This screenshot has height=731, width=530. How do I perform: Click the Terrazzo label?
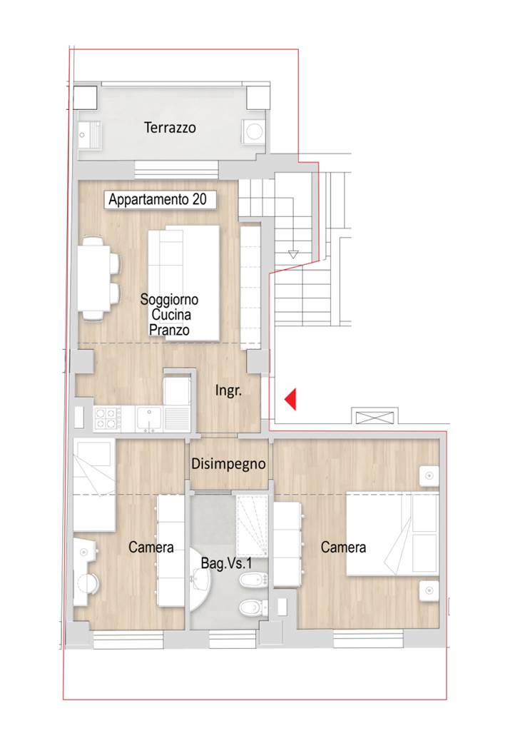(170, 128)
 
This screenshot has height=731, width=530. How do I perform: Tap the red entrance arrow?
(290, 400)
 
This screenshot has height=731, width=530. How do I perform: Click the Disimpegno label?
(228, 464)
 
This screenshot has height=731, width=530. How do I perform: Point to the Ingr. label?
(228, 390)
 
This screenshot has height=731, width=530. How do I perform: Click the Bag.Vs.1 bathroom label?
(226, 563)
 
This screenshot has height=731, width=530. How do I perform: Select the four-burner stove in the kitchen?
(107, 418)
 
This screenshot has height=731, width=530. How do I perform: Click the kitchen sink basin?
(148, 418)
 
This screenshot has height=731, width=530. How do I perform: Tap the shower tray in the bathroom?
(252, 526)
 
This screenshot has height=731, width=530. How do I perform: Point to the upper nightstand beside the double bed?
(429, 476)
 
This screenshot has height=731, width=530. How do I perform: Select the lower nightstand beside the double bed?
(429, 590)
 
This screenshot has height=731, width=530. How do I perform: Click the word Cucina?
(171, 315)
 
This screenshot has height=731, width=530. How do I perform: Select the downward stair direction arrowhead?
(293, 255)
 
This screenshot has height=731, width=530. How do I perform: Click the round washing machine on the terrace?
(254, 131)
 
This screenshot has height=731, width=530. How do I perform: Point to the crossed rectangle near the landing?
(374, 416)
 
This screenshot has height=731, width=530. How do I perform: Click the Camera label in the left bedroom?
(151, 547)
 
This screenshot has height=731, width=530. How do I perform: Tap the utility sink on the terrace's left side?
(89, 135)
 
